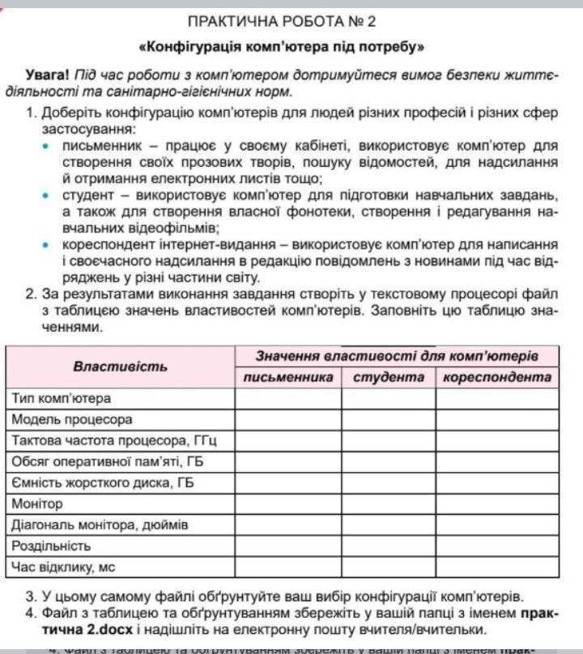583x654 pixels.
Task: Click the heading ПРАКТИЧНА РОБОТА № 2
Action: point(281,21)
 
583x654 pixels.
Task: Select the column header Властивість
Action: point(121,367)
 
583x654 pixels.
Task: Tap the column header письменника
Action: point(288,377)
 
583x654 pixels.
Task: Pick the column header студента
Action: point(389,377)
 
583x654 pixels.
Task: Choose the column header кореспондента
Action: point(497,377)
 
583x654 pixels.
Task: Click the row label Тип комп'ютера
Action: point(62,398)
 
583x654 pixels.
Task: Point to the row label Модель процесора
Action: point(72,419)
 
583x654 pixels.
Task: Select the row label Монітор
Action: point(37,503)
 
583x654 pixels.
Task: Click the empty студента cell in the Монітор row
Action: point(389,503)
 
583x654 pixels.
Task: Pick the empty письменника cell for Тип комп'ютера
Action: point(288,398)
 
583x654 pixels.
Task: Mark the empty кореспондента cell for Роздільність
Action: point(497,546)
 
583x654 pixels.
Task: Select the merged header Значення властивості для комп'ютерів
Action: point(397,356)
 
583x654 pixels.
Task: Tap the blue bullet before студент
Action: point(45,195)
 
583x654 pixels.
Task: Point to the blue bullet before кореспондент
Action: point(45,244)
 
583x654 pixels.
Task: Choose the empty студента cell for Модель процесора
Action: point(389,419)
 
